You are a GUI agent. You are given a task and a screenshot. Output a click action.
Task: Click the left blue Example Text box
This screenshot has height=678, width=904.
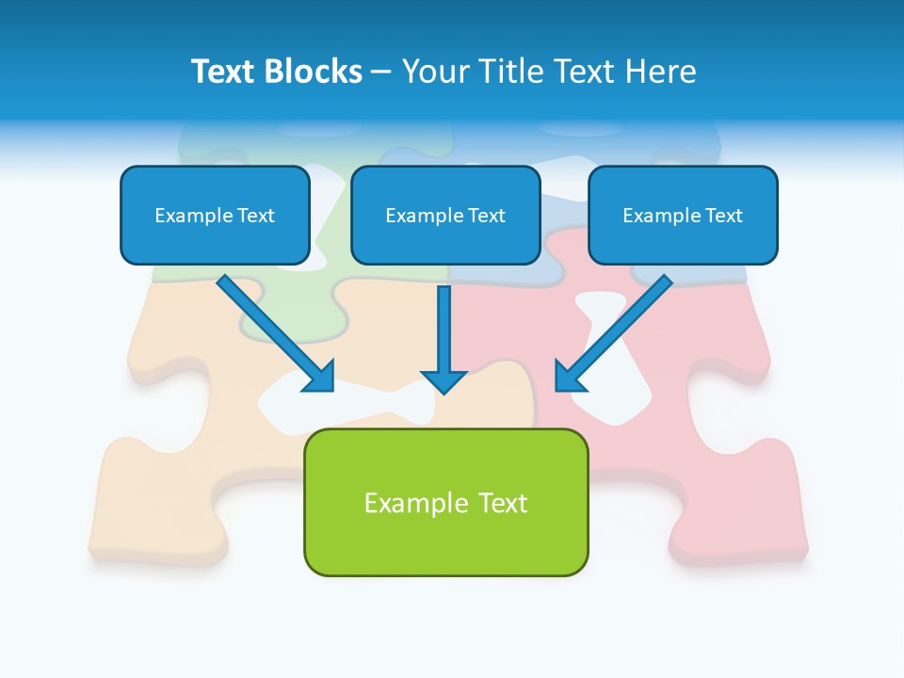pyautogui.click(x=215, y=215)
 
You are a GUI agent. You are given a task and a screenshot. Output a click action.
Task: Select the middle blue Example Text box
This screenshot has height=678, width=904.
pyautogui.click(x=445, y=215)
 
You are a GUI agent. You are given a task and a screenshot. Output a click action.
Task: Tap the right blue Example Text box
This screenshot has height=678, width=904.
pyautogui.click(x=683, y=215)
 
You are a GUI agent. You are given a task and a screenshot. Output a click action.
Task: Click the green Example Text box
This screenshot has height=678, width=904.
pyautogui.click(x=445, y=502)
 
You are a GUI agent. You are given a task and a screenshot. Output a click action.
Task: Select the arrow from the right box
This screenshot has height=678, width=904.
pyautogui.click(x=617, y=330)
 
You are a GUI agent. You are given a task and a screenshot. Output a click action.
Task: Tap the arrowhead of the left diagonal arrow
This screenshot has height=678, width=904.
pyautogui.click(x=320, y=377)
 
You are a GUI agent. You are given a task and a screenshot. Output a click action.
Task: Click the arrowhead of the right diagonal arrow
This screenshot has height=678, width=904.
pyautogui.click(x=569, y=377)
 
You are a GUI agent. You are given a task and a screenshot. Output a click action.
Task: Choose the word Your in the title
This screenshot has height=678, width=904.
pyautogui.click(x=434, y=72)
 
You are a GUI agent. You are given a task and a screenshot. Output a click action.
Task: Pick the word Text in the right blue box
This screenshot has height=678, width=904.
pyautogui.click(x=723, y=216)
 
